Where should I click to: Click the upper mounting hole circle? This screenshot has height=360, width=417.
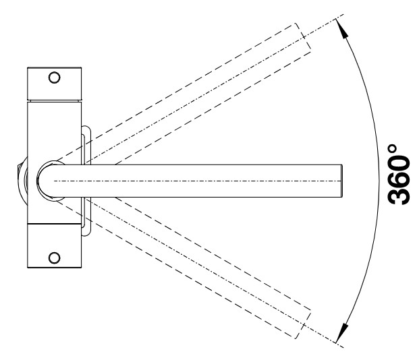pos(55,78)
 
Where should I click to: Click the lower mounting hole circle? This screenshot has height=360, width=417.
pos(55,257)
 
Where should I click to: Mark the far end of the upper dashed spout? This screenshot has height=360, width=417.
pos(301,38)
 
